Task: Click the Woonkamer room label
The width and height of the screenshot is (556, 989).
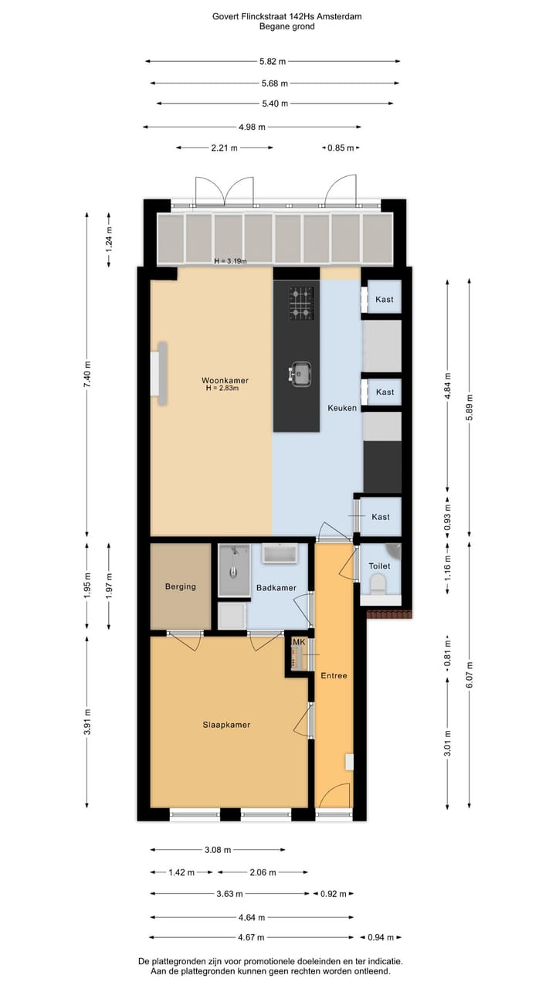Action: click(x=225, y=380)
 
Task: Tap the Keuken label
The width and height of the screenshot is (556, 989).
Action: click(x=342, y=407)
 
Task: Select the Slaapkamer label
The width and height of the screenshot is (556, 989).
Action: click(x=226, y=725)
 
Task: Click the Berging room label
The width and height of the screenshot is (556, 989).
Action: click(x=180, y=586)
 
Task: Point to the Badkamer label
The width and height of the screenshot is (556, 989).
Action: click(x=276, y=588)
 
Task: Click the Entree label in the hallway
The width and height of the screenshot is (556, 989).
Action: click(x=334, y=675)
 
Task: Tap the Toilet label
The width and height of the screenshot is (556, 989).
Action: click(x=379, y=566)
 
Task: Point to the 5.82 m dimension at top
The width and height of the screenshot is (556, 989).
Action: click(x=272, y=62)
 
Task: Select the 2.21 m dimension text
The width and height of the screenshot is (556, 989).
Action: click(x=224, y=148)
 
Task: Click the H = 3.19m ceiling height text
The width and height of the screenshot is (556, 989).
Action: click(x=230, y=261)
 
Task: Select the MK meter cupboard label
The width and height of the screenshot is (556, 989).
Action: click(x=298, y=642)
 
